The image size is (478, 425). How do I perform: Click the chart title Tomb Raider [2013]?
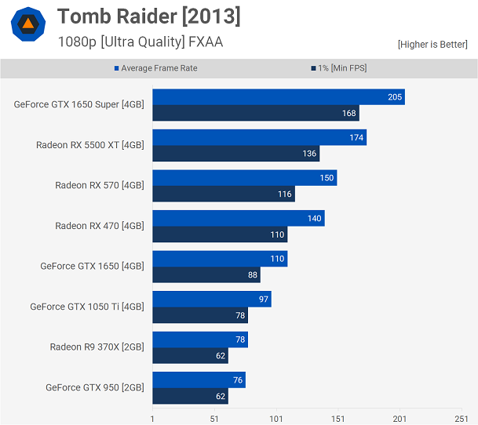tap(149, 16)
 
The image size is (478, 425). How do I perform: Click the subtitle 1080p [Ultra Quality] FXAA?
tap(140, 42)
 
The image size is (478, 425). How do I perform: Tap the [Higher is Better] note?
tap(432, 44)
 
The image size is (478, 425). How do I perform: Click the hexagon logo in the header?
tap(28, 24)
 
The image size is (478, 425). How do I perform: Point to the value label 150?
tap(327, 178)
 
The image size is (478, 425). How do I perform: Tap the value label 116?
tap(284, 194)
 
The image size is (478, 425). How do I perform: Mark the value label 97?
tap(264, 300)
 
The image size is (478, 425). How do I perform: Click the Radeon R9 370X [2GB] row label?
tap(97, 347)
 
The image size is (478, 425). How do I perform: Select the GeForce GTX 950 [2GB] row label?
tap(95, 387)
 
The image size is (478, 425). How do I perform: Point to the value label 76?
tap(238, 380)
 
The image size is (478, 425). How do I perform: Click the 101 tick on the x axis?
tap(276, 419)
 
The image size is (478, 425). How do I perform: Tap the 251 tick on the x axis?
tap(462, 419)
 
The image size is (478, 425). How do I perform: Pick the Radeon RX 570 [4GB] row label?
tap(100, 185)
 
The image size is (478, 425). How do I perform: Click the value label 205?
tap(395, 97)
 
